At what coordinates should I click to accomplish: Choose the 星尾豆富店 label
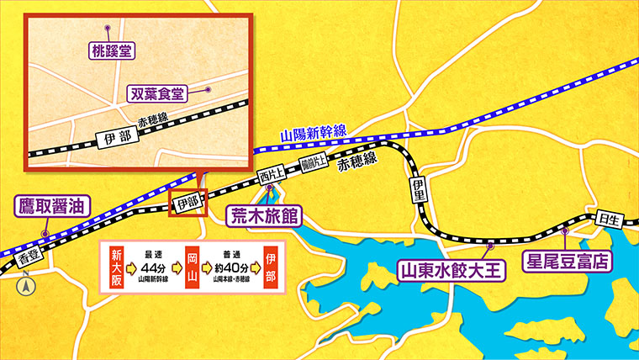pos(566,259)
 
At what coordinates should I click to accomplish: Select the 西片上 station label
pos(270,177)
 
